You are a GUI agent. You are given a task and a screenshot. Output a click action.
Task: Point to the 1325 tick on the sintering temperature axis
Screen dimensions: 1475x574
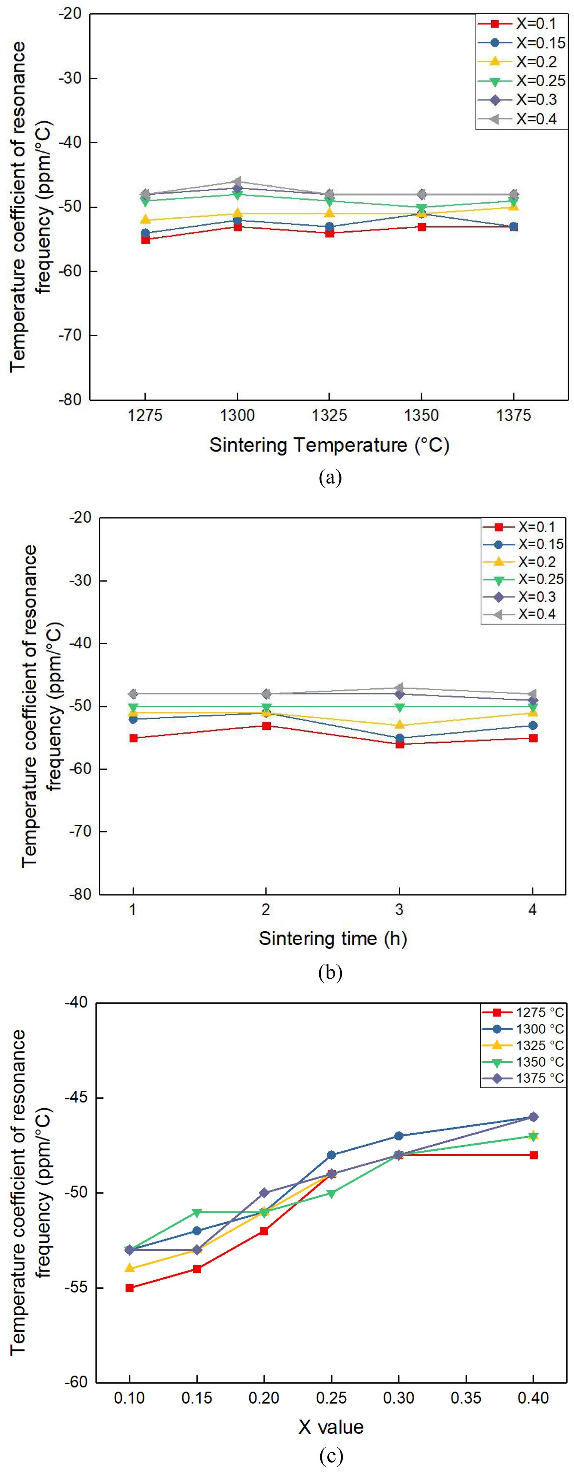[329, 415]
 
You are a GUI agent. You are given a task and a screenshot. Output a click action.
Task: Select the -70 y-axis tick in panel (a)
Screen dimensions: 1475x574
[70, 335]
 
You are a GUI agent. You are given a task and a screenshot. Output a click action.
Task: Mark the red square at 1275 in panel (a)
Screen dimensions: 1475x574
[145, 239]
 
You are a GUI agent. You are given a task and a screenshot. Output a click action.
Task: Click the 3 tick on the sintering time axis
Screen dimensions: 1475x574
[399, 909]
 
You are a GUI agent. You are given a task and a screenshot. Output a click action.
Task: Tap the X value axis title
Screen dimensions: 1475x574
[331, 1427]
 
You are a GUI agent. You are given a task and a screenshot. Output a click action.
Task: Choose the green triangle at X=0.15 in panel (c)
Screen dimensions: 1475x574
[197, 1212]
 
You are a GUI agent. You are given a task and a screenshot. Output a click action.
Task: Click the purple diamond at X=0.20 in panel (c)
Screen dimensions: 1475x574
[264, 1193]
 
